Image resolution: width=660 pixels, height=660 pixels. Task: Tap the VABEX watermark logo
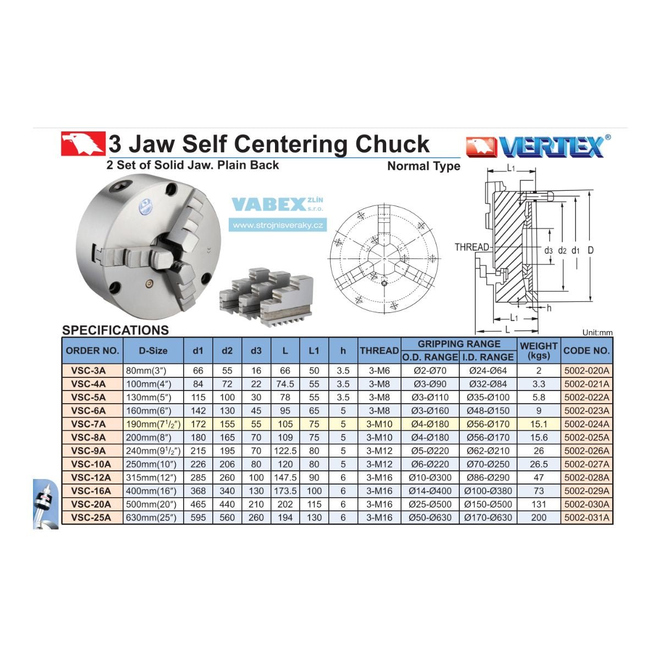pyautogui.click(x=277, y=204)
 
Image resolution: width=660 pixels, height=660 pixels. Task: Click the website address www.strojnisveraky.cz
pyautogui.click(x=278, y=226)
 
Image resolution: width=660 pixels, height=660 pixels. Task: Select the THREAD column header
pyautogui.click(x=379, y=350)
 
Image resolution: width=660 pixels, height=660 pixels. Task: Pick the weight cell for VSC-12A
pyautogui.click(x=538, y=477)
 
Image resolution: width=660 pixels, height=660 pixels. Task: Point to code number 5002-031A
pyautogui.click(x=587, y=518)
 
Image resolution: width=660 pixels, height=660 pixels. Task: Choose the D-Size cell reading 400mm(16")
pyautogui.click(x=151, y=491)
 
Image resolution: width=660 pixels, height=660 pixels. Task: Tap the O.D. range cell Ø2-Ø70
pyautogui.click(x=430, y=371)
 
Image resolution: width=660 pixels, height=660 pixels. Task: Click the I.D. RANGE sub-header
pyautogui.click(x=488, y=358)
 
